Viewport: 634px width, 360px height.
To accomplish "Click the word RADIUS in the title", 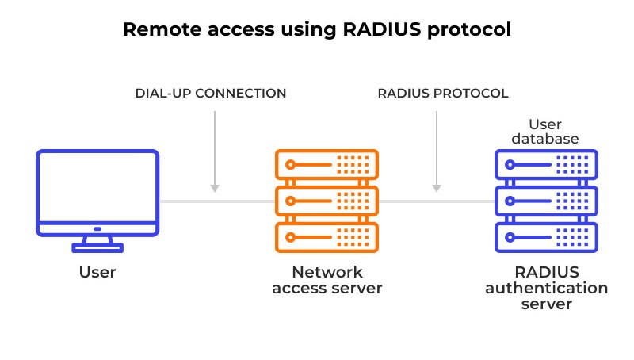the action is (382, 29).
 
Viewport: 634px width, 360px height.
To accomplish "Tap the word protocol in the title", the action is (469, 30).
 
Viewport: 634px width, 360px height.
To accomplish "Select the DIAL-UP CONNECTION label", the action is (211, 93).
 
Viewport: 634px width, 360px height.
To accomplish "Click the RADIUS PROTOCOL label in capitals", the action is (443, 93).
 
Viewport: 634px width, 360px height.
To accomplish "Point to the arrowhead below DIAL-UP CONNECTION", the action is (215, 188).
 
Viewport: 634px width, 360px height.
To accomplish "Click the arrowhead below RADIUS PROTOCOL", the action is (437, 188).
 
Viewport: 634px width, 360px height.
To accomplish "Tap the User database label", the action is (545, 132).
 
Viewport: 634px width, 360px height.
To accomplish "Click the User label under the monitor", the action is (97, 272).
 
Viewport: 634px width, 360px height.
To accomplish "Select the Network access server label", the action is (327, 280).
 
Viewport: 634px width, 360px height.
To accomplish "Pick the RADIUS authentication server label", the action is (547, 288).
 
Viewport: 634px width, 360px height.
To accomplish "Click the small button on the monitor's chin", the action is (97, 229).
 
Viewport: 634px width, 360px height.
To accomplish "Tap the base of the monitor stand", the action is (97, 247).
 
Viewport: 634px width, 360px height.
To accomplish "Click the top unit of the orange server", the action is (327, 165).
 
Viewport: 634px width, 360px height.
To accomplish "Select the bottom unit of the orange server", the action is (327, 237).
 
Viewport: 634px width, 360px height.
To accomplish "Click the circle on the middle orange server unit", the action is (290, 201).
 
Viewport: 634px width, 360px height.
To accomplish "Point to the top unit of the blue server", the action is (546, 165).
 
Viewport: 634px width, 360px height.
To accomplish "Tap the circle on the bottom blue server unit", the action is (510, 237).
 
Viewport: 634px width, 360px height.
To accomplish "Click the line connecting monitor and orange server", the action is (217, 201).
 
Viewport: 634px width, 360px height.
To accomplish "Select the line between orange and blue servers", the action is (437, 201).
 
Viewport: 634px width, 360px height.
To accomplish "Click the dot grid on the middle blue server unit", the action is (572, 201).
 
